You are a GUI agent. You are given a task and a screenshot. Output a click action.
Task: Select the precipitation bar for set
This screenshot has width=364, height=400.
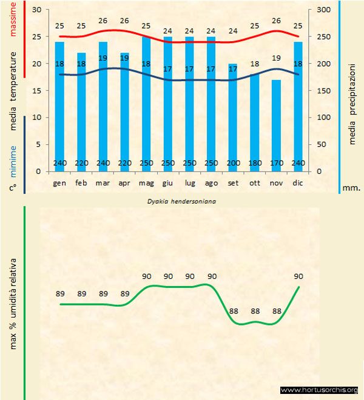coord(233,115)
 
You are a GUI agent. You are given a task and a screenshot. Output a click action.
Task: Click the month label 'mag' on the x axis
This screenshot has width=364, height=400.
coord(146,182)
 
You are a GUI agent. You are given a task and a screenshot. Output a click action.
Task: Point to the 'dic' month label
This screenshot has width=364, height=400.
coord(297,182)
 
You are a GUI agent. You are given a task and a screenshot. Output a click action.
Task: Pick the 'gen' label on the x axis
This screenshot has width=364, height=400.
coord(60,182)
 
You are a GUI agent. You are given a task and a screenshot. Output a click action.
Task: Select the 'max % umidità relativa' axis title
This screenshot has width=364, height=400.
coord(13,303)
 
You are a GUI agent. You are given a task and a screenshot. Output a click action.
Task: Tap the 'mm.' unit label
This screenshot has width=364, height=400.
coord(351,188)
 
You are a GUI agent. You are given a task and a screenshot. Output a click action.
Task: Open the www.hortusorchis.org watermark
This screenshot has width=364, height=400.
coord(319,390)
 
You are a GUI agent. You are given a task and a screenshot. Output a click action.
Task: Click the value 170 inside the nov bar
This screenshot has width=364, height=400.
coord(276,163)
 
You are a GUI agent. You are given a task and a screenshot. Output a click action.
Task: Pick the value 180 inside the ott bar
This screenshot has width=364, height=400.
coord(254,163)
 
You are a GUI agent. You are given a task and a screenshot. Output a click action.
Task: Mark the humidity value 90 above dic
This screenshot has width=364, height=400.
coord(298,276)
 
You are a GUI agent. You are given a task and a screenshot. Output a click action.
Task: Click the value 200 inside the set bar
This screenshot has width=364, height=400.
coord(233,163)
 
